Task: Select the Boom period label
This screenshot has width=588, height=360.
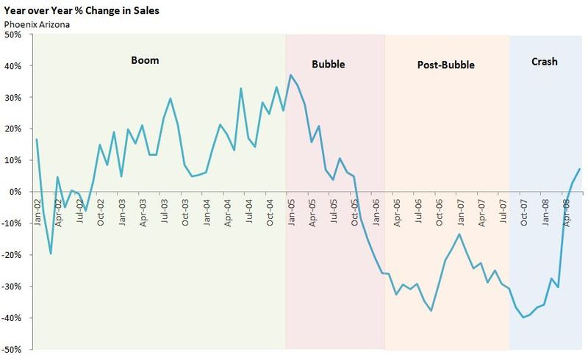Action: tap(145, 60)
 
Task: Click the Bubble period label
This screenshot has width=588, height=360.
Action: tap(328, 64)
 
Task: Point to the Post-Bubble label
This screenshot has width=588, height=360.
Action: tap(445, 65)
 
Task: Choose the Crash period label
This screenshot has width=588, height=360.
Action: tap(544, 62)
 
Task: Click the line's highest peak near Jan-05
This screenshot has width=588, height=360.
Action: tap(291, 75)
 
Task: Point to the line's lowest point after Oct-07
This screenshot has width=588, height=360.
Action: tap(523, 317)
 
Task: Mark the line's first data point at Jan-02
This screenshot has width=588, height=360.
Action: tap(36, 140)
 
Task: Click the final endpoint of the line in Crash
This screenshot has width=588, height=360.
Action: tap(580, 169)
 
